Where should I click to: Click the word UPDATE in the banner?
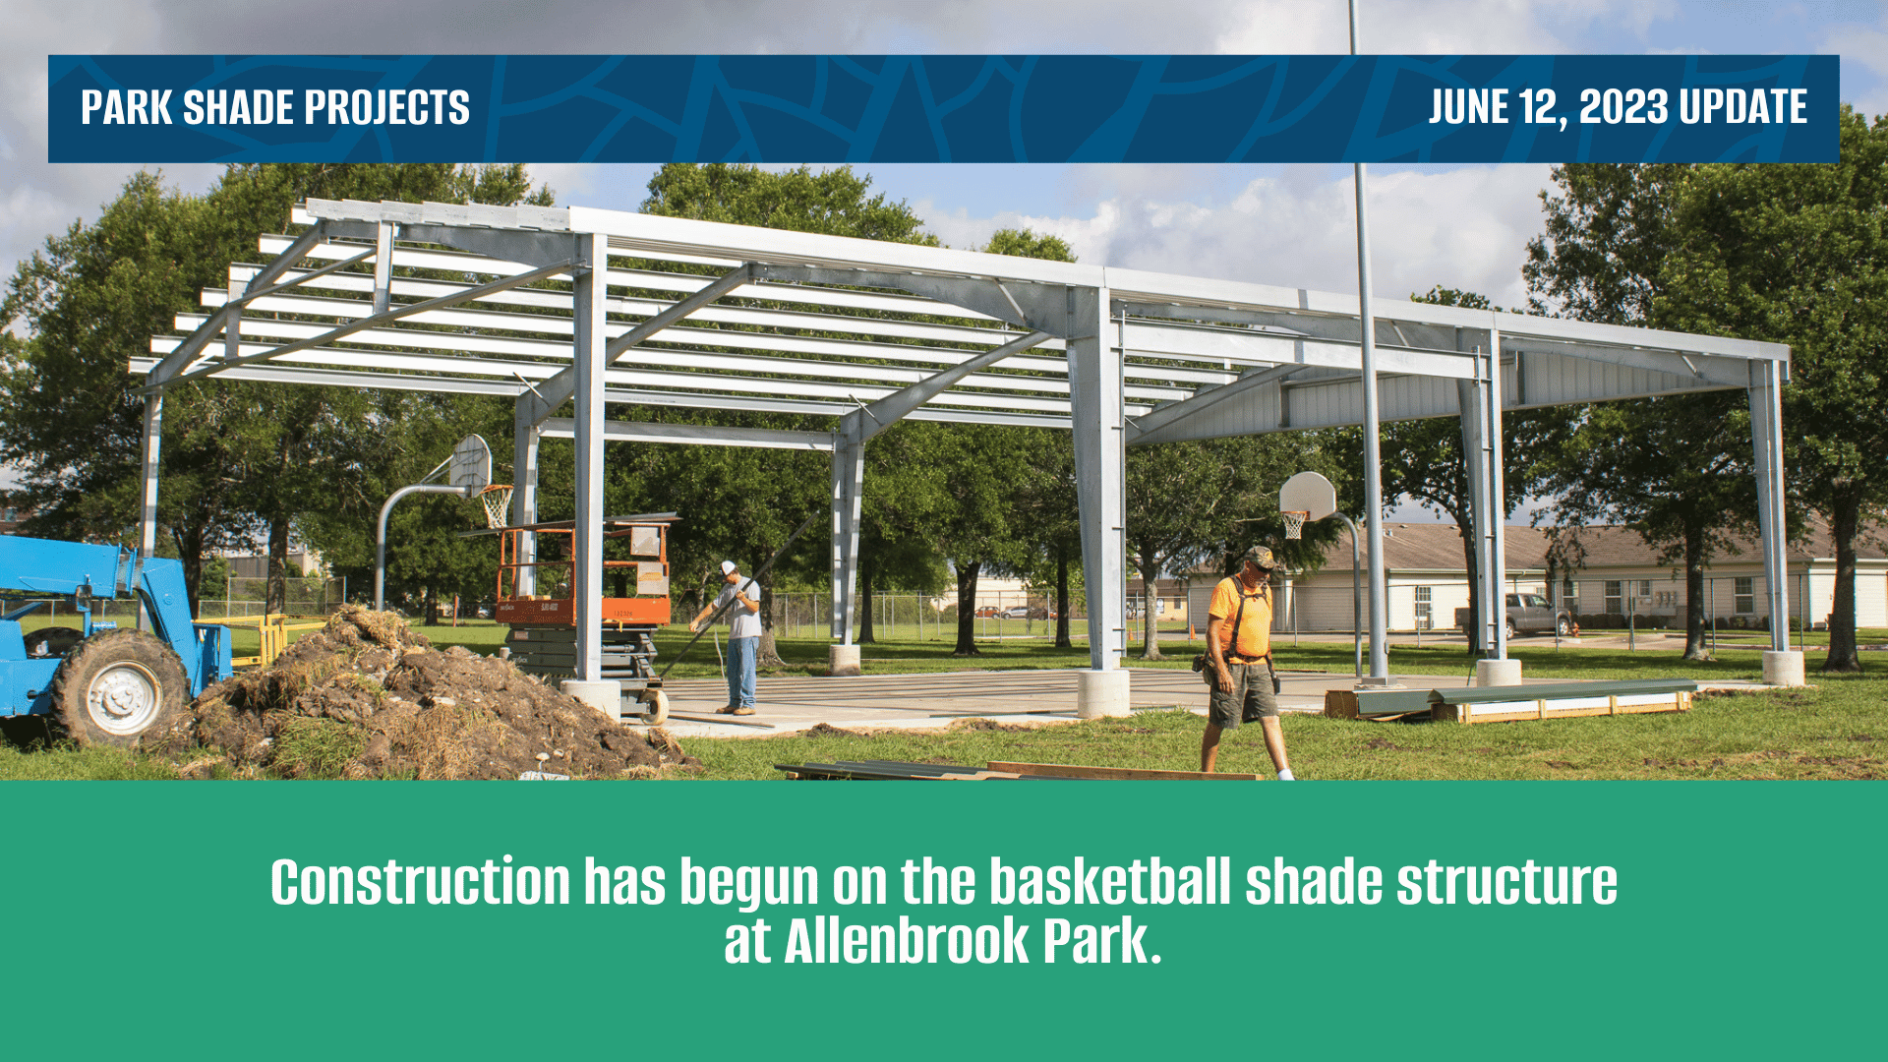pos(1743,106)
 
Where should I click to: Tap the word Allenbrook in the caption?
pos(906,941)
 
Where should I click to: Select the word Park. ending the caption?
pos(1102,941)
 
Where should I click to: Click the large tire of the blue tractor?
pos(120,688)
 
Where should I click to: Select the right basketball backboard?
pos(1308,496)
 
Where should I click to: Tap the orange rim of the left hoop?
pos(497,489)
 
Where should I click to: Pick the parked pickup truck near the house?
pos(1514,615)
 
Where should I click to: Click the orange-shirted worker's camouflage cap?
pos(1259,557)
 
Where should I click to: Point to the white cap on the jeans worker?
pos(727,567)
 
